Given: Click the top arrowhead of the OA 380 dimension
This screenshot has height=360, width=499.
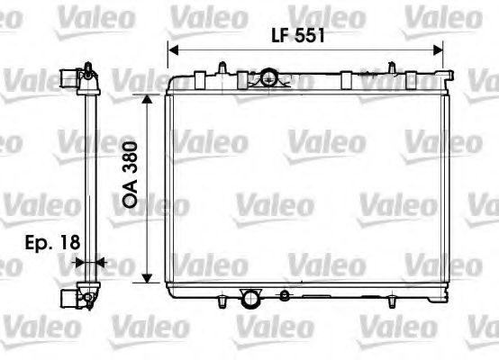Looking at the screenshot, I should (145, 95).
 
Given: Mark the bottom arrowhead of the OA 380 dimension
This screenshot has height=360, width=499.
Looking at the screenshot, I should (145, 276).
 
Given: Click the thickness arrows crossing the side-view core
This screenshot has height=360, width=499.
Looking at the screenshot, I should (88, 263).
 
